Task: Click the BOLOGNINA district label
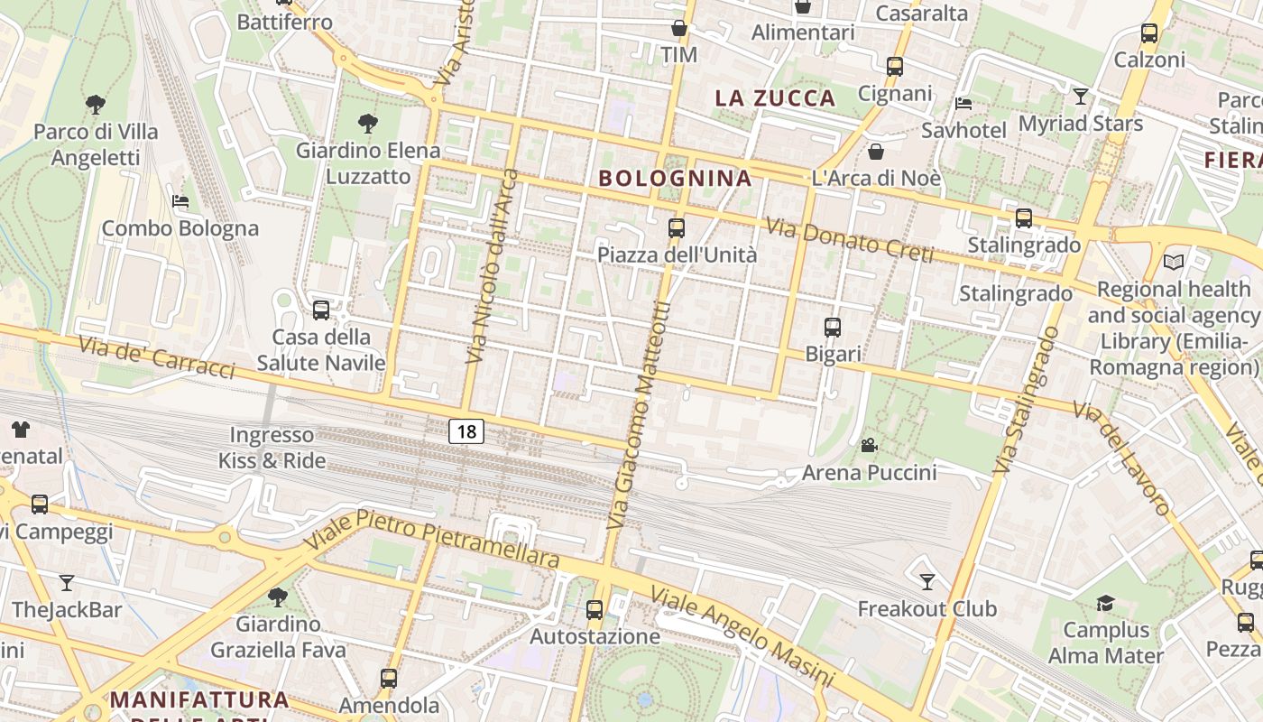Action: [675, 178]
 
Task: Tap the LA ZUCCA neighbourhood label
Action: [776, 98]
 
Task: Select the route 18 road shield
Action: [466, 431]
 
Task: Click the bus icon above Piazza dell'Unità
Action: [677, 228]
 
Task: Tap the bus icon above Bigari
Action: [833, 328]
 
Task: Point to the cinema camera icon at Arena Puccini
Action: [869, 445]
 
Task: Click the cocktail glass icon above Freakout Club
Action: [927, 581]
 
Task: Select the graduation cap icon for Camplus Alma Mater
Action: [1105, 603]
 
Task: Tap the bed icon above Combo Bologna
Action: [180, 201]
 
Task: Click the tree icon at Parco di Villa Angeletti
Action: [96, 105]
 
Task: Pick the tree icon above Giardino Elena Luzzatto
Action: [367, 123]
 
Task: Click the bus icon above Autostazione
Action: [595, 610]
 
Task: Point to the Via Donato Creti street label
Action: [849, 240]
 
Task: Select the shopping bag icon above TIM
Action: [679, 29]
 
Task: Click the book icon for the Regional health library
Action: [1173, 263]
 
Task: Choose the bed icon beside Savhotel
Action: [963, 103]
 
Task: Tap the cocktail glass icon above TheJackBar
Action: [67, 583]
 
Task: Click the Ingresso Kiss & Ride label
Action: [272, 448]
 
